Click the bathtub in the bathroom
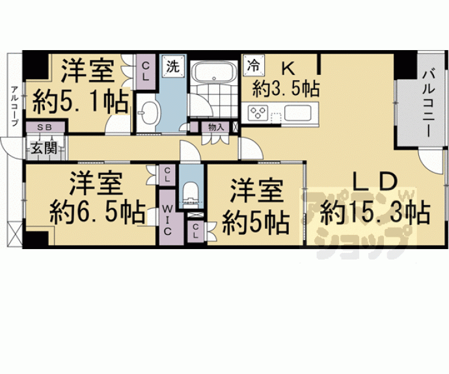tap(213, 72)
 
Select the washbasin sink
tap(149, 113)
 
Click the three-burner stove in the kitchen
tap(258, 112)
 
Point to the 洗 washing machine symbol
tap(173, 66)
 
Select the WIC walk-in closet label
tap(167, 220)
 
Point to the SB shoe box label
tap(45, 127)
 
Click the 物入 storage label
tap(215, 127)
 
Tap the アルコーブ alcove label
tap(14, 106)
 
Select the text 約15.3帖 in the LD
tap(375, 213)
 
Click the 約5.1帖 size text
tap(80, 101)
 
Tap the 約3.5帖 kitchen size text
tap(286, 89)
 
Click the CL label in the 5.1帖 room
tap(146, 72)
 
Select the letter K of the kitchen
tap(287, 68)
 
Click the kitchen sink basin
tap(298, 113)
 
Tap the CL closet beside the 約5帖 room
tap(196, 232)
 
